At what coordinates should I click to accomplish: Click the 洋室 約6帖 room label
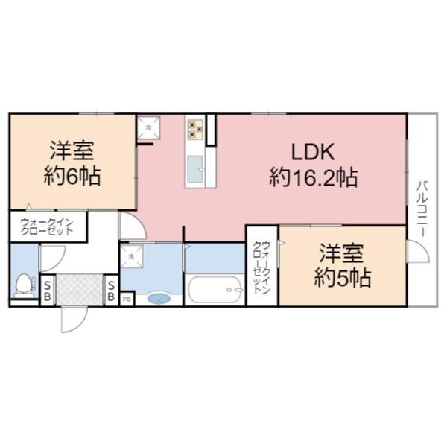[x=72, y=162]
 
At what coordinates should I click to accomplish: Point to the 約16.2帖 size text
[x=313, y=177]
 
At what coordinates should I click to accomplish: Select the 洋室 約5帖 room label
[x=343, y=265]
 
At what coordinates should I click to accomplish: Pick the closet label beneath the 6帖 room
[x=47, y=226]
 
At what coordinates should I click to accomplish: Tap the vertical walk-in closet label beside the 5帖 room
[x=261, y=267]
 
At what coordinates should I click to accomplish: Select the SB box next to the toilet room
[x=46, y=291]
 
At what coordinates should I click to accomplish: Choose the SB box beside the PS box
[x=111, y=291]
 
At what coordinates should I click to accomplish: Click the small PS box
[x=127, y=299]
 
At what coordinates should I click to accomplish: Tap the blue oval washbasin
[x=159, y=299]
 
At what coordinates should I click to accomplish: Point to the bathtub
[x=215, y=289]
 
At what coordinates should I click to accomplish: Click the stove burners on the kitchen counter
[x=196, y=129]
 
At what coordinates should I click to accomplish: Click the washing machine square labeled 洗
[x=130, y=257]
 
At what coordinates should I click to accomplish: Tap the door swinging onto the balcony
[x=417, y=250]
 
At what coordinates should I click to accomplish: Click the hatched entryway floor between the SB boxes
[x=79, y=289]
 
